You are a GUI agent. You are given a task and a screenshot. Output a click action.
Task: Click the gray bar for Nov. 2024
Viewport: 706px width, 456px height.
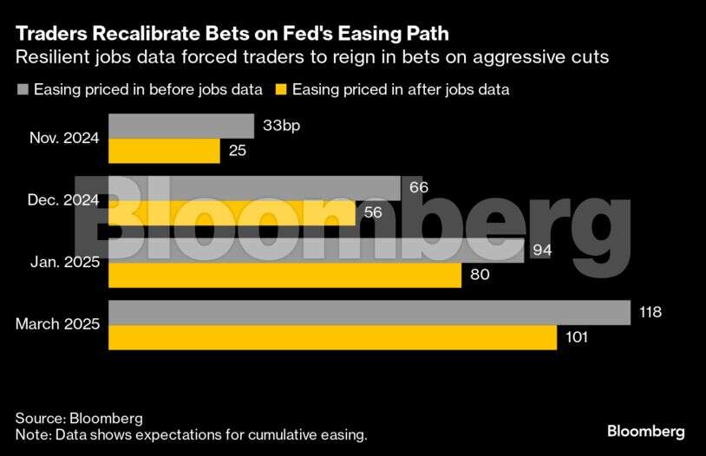pyautogui.click(x=180, y=127)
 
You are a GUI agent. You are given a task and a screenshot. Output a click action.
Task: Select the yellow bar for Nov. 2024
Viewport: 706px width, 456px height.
pyautogui.click(x=164, y=151)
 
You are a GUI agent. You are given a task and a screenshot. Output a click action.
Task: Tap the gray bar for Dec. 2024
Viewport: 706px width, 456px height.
pyautogui.click(x=253, y=188)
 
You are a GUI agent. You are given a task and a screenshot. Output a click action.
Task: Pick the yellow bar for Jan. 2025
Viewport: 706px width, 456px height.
pyautogui.click(x=284, y=276)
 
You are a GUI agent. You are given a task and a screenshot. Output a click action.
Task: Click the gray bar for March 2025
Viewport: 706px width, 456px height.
pyautogui.click(x=369, y=312)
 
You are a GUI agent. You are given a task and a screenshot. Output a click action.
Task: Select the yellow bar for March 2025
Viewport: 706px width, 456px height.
pyautogui.click(x=332, y=337)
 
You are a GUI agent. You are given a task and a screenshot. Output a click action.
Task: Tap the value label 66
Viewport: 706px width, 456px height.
pyautogui.click(x=419, y=188)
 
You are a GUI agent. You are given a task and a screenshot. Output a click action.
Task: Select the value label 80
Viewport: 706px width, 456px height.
pyautogui.click(x=480, y=276)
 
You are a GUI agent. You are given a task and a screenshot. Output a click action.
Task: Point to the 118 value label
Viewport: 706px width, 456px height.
pyautogui.click(x=650, y=312)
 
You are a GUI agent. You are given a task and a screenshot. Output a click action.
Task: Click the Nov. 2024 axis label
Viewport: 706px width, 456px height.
pyautogui.click(x=64, y=138)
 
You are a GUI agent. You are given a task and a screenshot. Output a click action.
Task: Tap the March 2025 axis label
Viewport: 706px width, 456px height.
pyautogui.click(x=58, y=324)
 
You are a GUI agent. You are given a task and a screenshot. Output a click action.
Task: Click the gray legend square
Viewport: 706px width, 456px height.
pyautogui.click(x=23, y=88)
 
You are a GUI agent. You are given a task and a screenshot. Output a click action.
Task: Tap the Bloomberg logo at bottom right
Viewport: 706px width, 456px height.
pyautogui.click(x=645, y=431)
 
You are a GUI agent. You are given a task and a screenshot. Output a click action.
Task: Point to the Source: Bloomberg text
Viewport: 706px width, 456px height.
pyautogui.click(x=79, y=418)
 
